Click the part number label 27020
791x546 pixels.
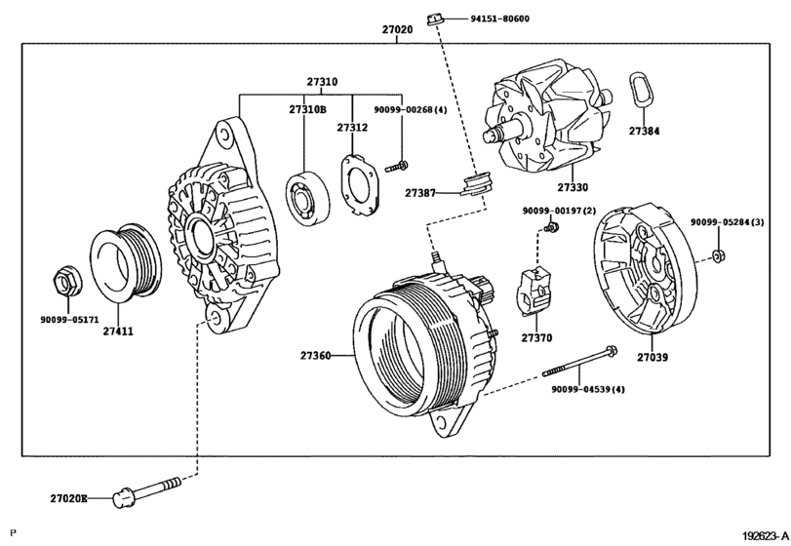[x=397, y=30]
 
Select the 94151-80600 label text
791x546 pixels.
[x=500, y=19]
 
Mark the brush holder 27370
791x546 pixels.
[x=536, y=292]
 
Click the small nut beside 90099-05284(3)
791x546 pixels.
[x=718, y=255]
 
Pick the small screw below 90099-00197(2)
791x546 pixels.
[x=550, y=228]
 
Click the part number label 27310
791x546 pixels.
[x=322, y=82]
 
